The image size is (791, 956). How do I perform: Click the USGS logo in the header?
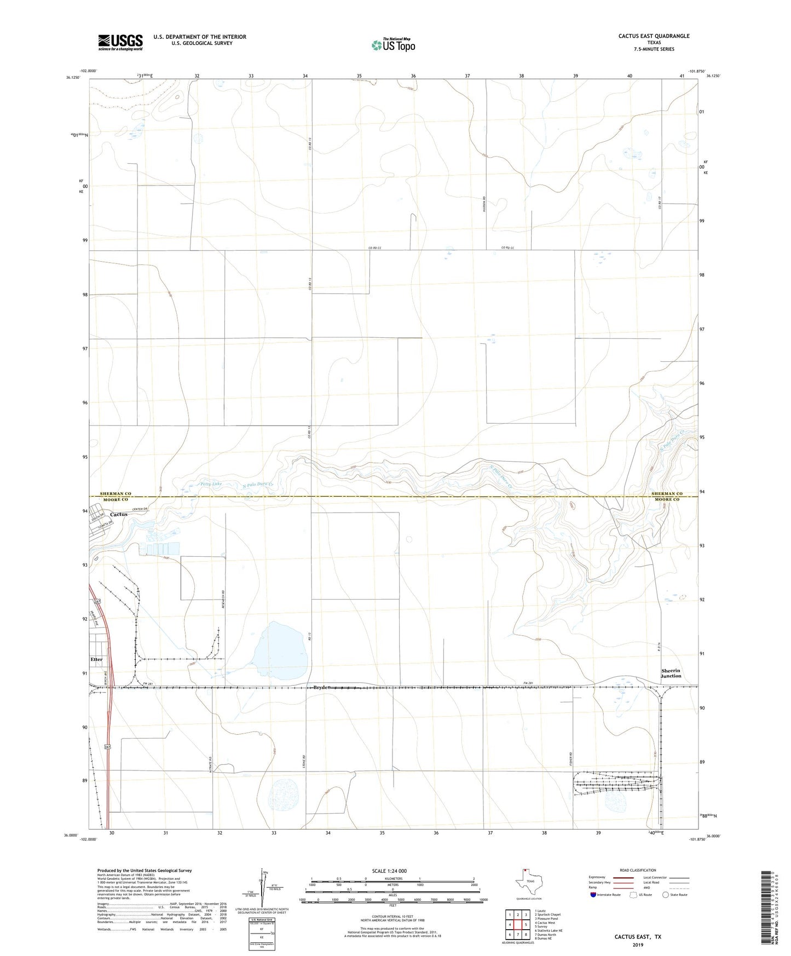(x=120, y=42)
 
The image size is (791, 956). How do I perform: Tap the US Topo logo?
(x=393, y=45)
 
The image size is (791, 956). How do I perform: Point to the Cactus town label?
(x=119, y=514)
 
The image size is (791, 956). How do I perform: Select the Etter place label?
(x=96, y=659)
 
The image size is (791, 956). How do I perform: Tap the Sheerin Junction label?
(x=671, y=673)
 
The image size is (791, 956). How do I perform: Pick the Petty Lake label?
(x=211, y=484)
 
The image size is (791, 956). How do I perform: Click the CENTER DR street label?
(x=141, y=509)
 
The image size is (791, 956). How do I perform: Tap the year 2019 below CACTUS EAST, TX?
(x=638, y=945)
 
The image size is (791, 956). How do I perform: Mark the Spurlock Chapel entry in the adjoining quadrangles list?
(x=548, y=914)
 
